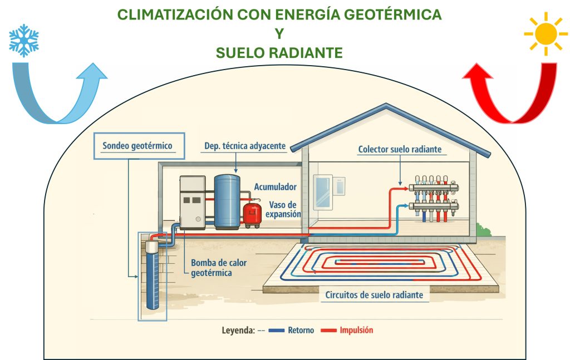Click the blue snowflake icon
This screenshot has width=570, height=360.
(24, 41)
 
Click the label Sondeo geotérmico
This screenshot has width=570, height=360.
(137, 146)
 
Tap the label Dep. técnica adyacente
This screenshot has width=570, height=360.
(244, 146)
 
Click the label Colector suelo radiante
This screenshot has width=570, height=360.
(400, 149)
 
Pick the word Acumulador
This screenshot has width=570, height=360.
(276, 187)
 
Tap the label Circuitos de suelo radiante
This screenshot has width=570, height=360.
(375, 295)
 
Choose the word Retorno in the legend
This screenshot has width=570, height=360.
(301, 330)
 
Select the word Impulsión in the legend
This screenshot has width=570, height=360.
(356, 330)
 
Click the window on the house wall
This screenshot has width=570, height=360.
(323, 192)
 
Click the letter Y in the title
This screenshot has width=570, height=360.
(279, 34)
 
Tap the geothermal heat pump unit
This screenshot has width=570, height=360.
(193, 203)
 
